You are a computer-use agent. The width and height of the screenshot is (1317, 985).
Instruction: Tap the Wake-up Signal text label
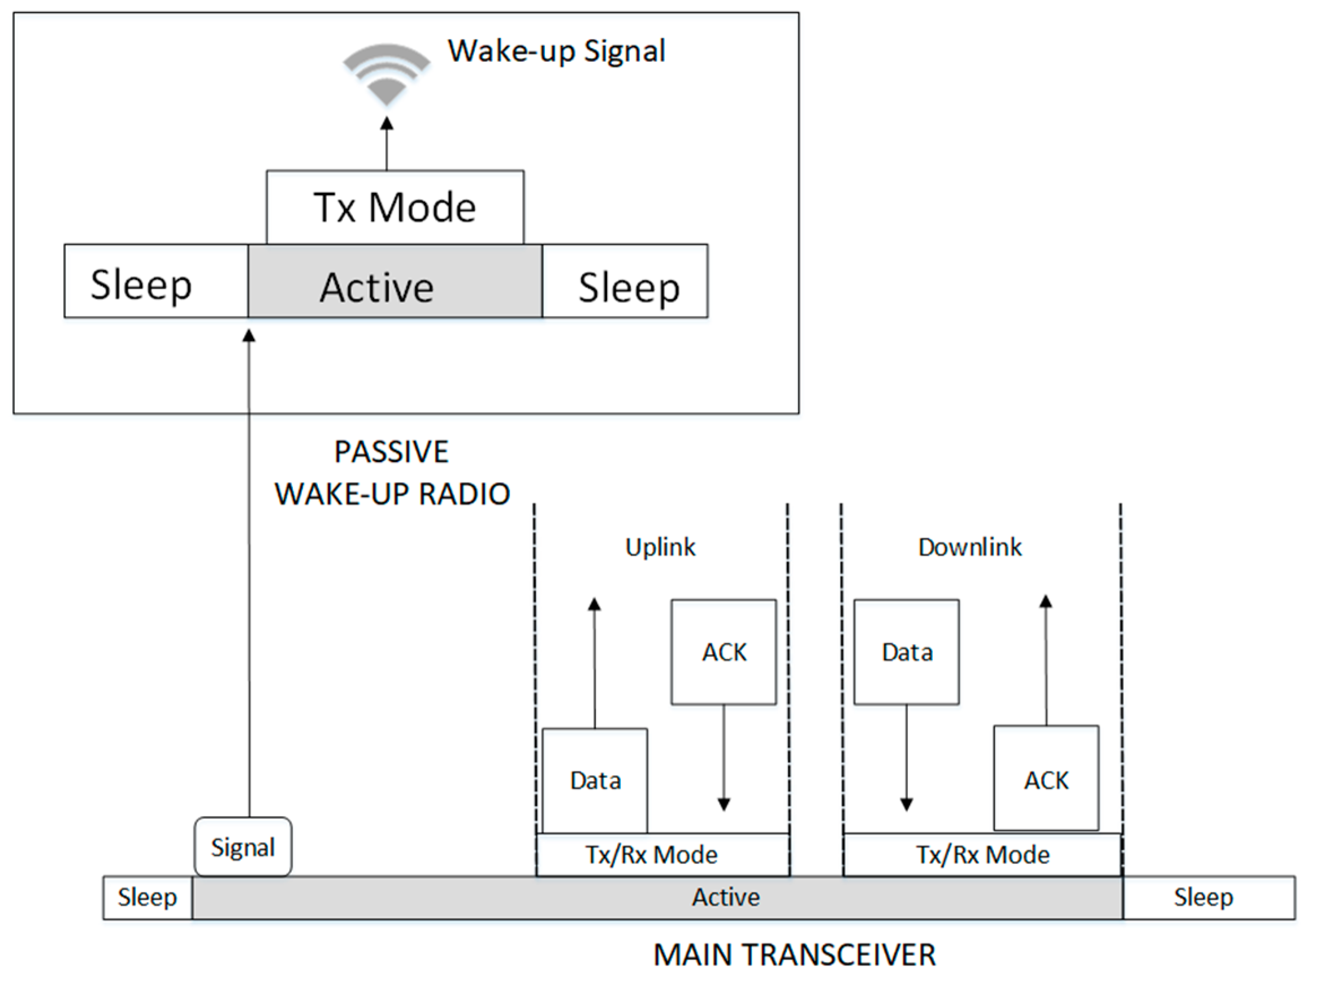pyautogui.click(x=556, y=51)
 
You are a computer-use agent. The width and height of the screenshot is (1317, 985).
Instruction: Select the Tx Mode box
pyautogui.click(x=395, y=208)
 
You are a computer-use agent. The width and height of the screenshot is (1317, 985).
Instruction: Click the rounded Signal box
pyautogui.click(x=243, y=847)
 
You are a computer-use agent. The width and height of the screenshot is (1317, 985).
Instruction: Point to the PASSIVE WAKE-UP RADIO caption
pyautogui.click(x=392, y=473)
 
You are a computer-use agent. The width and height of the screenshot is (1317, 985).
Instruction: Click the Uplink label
pyautogui.click(x=660, y=547)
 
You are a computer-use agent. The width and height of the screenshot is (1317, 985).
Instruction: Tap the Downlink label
pyautogui.click(x=970, y=547)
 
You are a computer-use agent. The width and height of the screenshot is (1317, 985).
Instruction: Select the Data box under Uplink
pyautogui.click(x=595, y=780)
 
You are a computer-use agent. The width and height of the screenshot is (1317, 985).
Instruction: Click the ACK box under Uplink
pyautogui.click(x=724, y=652)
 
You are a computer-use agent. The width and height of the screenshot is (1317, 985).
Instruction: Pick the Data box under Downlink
pyautogui.click(x=906, y=652)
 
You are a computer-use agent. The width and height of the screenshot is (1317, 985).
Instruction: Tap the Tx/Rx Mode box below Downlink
pyautogui.click(x=982, y=854)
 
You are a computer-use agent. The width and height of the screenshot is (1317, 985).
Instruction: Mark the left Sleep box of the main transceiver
pyautogui.click(x=148, y=897)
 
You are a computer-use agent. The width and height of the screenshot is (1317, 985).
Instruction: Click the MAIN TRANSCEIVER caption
pyautogui.click(x=794, y=955)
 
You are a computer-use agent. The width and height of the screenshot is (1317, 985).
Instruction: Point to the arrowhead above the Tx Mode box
pyautogui.click(x=387, y=123)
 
